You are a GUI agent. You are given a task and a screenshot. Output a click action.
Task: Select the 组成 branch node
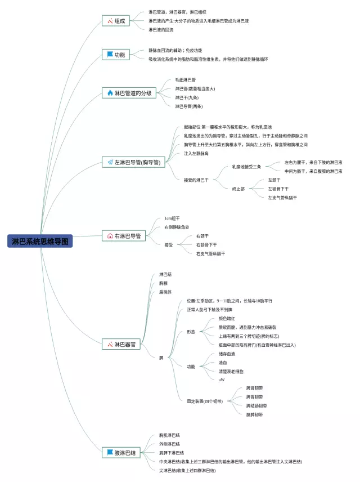click(x=116, y=21)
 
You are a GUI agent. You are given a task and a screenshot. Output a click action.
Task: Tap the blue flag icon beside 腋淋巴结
click(x=110, y=452)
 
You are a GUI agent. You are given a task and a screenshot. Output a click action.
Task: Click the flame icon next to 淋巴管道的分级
click(x=110, y=93)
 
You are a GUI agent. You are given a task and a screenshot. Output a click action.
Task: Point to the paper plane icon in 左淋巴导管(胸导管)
click(x=110, y=162)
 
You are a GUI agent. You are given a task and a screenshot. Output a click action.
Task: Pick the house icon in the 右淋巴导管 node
click(x=110, y=236)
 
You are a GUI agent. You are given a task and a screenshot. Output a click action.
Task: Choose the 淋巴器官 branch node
click(x=120, y=344)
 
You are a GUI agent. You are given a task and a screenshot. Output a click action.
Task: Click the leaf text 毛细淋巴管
click(x=185, y=80)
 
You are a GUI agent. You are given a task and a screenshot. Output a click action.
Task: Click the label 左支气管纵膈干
click(x=282, y=198)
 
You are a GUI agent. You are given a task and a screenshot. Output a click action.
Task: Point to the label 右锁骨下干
click(x=206, y=245)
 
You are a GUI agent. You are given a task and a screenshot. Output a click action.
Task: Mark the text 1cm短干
click(x=172, y=218)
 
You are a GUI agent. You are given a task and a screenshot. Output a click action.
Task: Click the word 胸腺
click(x=163, y=283)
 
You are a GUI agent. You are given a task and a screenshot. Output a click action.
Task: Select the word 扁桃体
click(x=165, y=292)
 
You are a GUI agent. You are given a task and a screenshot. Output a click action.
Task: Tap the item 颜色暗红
click(x=228, y=318)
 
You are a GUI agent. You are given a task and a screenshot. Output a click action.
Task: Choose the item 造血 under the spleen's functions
click(x=223, y=362)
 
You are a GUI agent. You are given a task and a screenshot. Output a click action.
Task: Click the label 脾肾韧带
click(x=255, y=388)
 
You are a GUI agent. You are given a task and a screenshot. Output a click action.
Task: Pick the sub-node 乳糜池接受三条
click(x=247, y=167)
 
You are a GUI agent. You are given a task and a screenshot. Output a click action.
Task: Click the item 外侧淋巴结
click(x=169, y=444)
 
